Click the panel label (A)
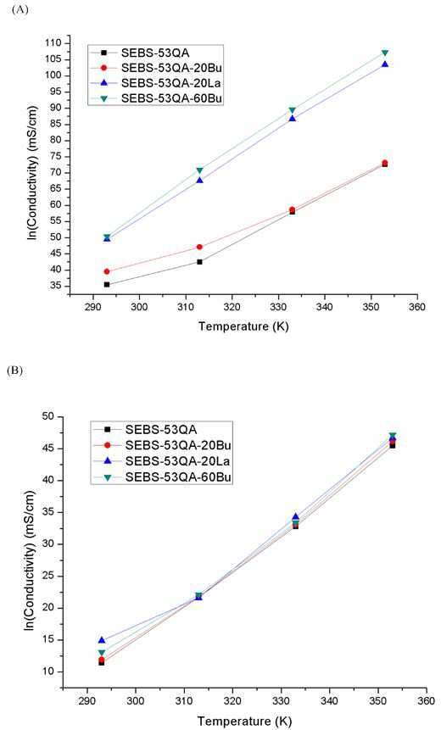(x=20, y=9)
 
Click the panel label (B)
(x=20, y=371)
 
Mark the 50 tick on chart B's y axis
(x=55, y=416)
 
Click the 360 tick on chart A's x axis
(x=416, y=307)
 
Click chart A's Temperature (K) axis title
(x=243, y=326)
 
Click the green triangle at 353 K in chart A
(x=385, y=53)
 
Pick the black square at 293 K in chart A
(x=107, y=285)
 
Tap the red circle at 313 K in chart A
(x=199, y=247)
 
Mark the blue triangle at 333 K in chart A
(x=292, y=118)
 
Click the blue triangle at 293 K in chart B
(x=102, y=640)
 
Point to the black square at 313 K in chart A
(x=199, y=262)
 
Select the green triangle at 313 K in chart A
(x=199, y=170)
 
